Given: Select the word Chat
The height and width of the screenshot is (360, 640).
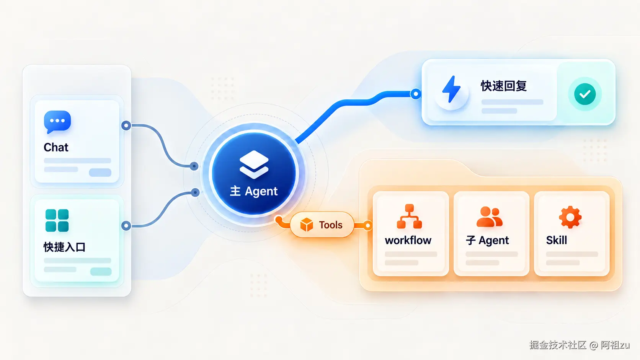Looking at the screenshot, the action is pos(56,147).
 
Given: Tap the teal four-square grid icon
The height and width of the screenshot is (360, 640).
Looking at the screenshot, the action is pos(57,220).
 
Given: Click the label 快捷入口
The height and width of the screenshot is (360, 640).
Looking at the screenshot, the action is pos(65,247).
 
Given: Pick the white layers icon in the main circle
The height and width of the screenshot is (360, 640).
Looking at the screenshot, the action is pos(254,165).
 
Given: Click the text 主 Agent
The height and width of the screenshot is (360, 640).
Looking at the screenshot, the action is pos(254,191).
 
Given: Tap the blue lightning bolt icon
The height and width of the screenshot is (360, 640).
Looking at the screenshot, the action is pos(451,89).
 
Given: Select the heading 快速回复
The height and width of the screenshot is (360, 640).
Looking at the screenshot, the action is pos(504,86).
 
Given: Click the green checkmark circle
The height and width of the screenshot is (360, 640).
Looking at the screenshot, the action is pos(585,94).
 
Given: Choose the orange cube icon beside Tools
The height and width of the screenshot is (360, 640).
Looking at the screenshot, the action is pos(307,225).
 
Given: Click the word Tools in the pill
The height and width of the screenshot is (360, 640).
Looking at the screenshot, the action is pos(331,225).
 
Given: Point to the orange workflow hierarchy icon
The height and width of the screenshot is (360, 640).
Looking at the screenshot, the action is pos(409,216).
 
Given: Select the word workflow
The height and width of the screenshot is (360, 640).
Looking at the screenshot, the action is pos(408,240).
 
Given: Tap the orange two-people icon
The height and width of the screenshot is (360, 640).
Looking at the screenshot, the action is pos(490,217).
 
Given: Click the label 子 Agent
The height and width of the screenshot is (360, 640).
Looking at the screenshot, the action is pos(487,240).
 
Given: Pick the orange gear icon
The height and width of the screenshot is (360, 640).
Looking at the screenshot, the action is pos(570,217).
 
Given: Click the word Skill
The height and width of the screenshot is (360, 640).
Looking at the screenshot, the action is pos(557,240).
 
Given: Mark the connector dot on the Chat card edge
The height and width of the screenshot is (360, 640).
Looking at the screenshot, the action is pos(126,125).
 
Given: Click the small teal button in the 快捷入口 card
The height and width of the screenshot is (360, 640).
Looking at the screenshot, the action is pos(101,271).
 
